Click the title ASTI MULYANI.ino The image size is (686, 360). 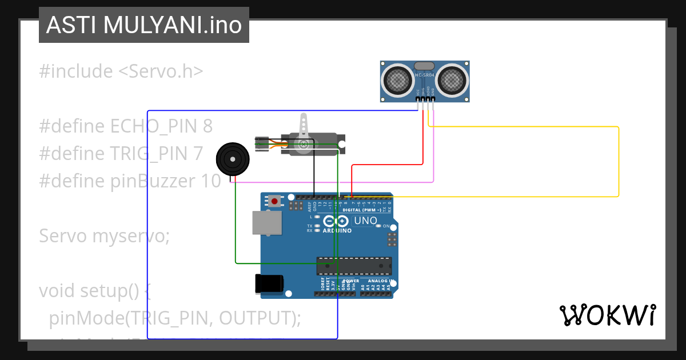143,25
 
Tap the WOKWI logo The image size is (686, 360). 607,315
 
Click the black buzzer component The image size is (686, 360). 233,157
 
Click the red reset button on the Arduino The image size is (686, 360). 275,201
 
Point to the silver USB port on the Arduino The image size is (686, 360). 267,223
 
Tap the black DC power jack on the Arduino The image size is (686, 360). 269,284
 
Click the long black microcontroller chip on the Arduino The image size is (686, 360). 354,266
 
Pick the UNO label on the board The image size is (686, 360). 365,221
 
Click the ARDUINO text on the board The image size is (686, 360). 337,231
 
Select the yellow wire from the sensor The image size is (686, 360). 619,160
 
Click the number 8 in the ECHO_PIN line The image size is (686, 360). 208,126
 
